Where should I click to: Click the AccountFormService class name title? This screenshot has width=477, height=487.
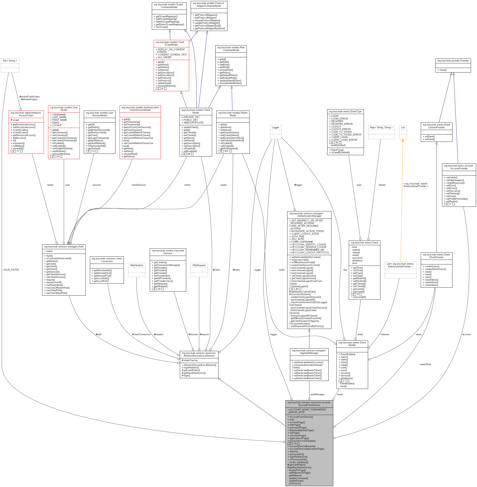309,404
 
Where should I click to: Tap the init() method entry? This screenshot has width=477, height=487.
291,420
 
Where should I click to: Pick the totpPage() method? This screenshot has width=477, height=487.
294,425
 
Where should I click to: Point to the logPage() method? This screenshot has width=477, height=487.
294,433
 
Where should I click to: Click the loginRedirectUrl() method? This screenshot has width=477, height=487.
298,457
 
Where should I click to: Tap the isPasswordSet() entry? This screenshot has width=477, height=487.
297,459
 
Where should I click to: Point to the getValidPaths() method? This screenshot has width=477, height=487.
297,465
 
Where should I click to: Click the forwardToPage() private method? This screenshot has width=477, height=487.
297,470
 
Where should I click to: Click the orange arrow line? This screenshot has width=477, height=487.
402,201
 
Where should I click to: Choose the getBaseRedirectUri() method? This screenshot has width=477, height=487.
299,467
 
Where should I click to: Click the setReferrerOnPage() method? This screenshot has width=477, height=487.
299,473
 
